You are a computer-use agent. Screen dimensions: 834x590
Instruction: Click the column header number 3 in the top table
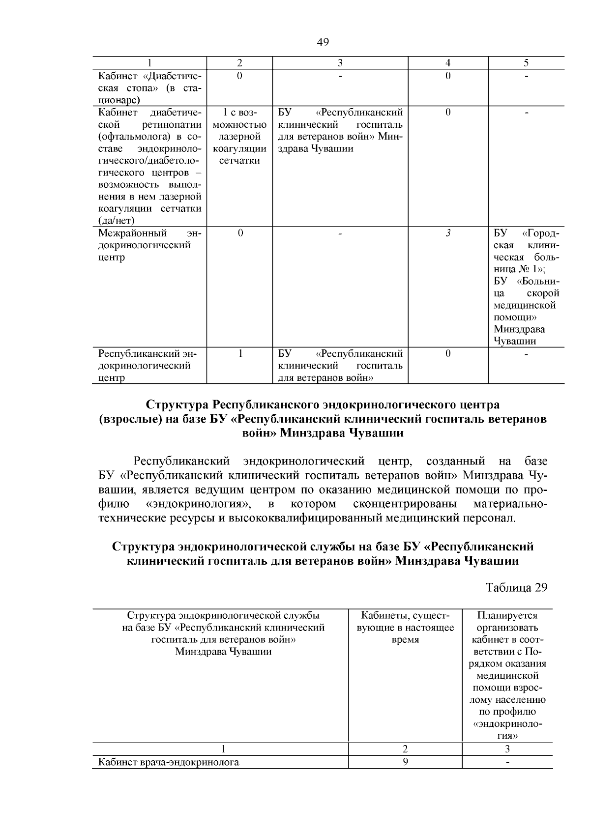pyautogui.click(x=340, y=63)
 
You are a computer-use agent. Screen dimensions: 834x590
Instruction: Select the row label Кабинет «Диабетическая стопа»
pyautogui.click(x=149, y=87)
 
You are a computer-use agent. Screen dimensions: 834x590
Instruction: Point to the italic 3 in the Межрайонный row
pyautogui.click(x=448, y=233)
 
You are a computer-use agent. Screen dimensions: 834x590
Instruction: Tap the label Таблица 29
pyautogui.click(x=516, y=587)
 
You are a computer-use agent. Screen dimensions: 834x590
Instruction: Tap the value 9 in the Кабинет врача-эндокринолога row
pyautogui.click(x=405, y=762)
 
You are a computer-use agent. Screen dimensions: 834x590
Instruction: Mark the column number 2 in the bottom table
pyautogui.click(x=405, y=749)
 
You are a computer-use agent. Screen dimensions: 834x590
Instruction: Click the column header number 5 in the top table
pyautogui.click(x=526, y=63)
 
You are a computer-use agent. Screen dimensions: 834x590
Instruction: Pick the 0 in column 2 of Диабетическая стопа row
pyautogui.click(x=239, y=76)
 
